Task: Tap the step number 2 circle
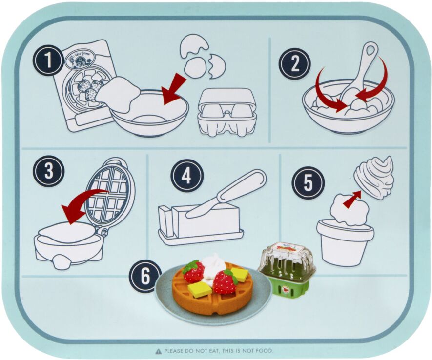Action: click(294, 63)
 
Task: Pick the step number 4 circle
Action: click(186, 176)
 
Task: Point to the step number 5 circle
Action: click(308, 183)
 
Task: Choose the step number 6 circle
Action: click(144, 276)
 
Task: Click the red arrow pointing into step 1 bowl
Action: click(174, 89)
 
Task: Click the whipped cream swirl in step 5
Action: click(374, 177)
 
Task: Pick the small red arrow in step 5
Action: click(352, 199)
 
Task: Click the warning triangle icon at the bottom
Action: click(158, 351)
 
